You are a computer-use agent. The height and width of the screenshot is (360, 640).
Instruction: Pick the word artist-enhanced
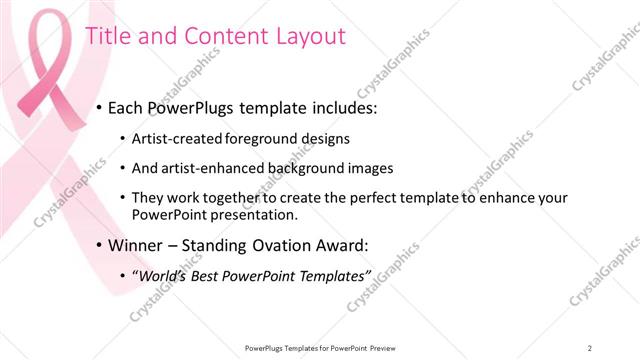pos(210,168)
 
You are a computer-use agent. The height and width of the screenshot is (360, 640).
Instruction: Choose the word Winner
pos(139,245)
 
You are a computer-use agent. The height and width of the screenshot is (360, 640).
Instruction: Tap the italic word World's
pos(166,275)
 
